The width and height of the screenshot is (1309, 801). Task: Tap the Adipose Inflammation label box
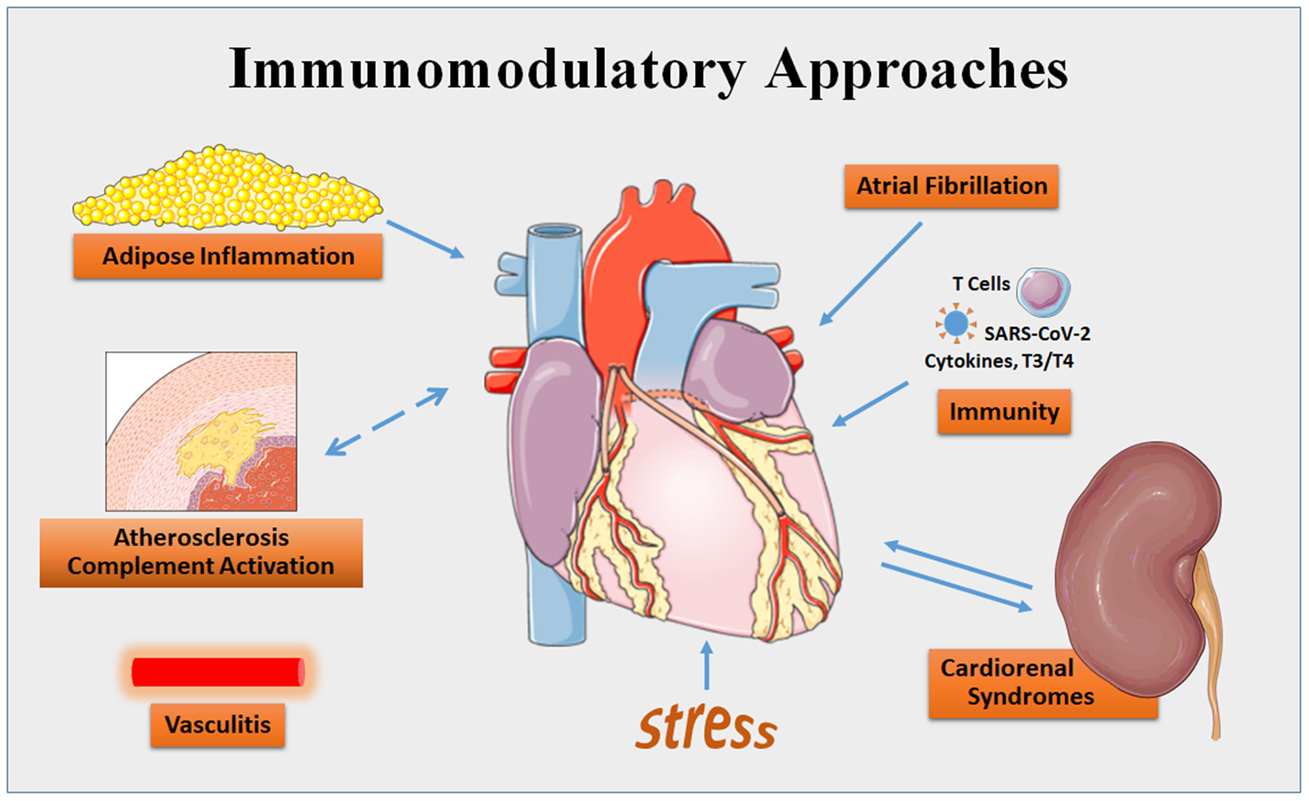tap(228, 256)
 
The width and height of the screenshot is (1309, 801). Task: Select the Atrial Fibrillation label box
tap(951, 186)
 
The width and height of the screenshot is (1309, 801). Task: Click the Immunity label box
tap(1004, 412)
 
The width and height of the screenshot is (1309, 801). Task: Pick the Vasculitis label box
tap(217, 725)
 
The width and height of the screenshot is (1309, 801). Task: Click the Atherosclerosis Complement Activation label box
tap(201, 552)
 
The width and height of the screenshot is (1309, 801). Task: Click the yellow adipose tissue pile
tap(227, 189)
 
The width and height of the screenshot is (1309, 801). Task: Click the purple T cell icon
tap(1043, 290)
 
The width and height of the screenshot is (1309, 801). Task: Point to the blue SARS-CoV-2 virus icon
tap(956, 324)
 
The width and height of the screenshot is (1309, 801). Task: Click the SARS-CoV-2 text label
tap(1036, 334)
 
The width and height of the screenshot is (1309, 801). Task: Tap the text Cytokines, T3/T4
tap(999, 361)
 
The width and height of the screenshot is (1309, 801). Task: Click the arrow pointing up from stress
tap(707, 665)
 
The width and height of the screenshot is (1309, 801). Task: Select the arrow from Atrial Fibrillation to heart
tap(871, 273)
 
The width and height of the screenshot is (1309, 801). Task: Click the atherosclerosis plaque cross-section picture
tap(201, 432)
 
